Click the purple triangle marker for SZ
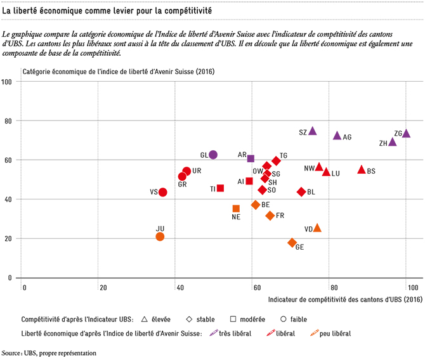coord(313,131)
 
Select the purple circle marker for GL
coord(213,155)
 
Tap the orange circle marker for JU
coord(160,236)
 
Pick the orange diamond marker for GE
coord(292,243)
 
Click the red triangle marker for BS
coord(362,170)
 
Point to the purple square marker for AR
coord(251,158)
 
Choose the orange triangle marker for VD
coord(317,228)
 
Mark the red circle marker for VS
coord(162,192)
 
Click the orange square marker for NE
coord(236,209)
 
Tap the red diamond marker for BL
coord(301,192)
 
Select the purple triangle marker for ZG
coord(406,133)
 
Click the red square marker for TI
coord(220,188)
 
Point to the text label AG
coord(347,137)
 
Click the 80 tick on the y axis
coord(8,121)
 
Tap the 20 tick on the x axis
coord(103,288)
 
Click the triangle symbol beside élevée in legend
coord(145,319)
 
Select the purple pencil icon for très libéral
coord(214,333)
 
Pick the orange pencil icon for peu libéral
coord(315,333)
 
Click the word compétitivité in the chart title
coord(188,11)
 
